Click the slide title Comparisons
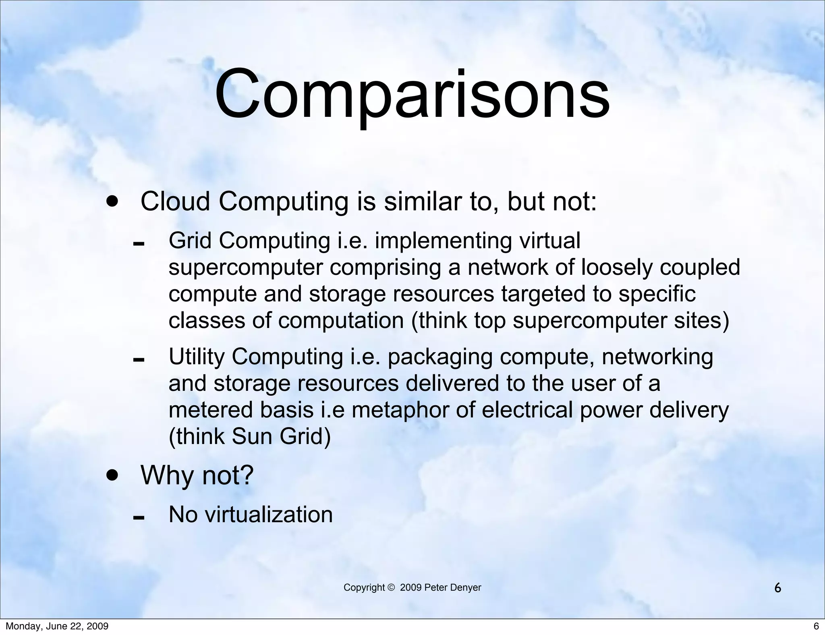click(x=412, y=95)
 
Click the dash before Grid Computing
click(x=139, y=244)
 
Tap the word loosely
click(x=616, y=268)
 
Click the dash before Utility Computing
click(x=139, y=360)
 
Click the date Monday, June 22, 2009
click(x=57, y=626)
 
